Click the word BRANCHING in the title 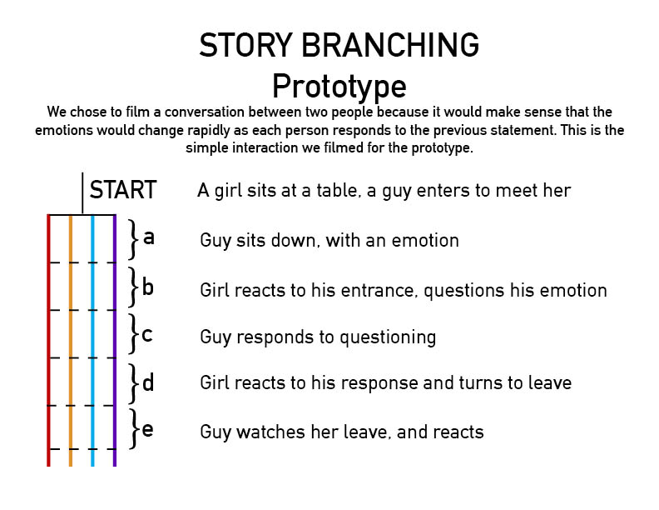point(390,45)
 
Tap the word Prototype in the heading point(339,87)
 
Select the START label point(123,190)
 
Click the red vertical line point(49,341)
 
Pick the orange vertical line point(71,341)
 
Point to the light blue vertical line point(92,341)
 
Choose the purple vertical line point(114,341)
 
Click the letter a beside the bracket point(149,238)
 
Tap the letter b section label point(148,287)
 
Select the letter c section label point(147,335)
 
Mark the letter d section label point(148,382)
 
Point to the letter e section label point(147,430)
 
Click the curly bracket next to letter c point(134,333)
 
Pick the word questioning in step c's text point(388,337)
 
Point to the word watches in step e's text point(271,432)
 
